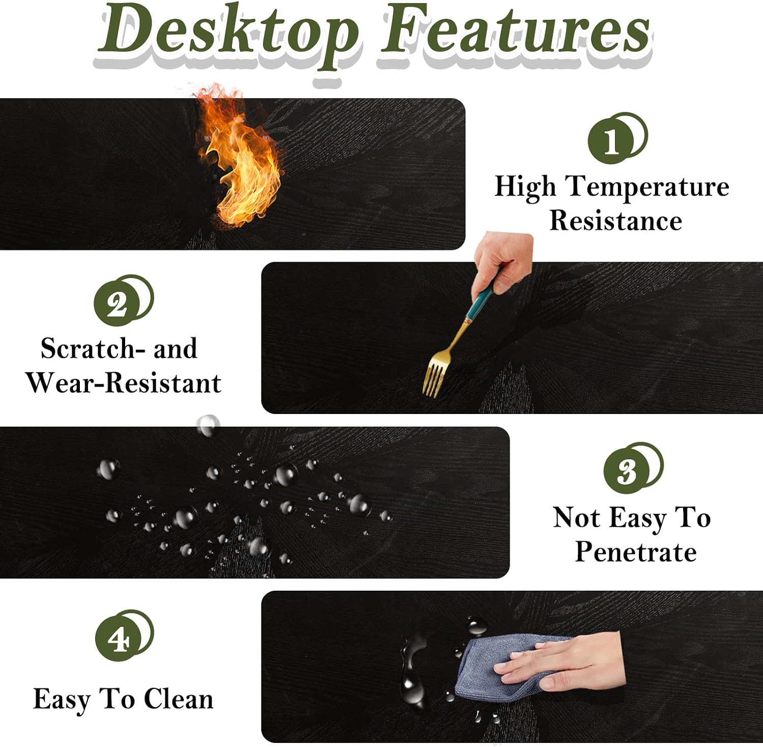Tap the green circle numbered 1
(611, 141)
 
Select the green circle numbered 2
(118, 303)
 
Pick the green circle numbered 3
(628, 471)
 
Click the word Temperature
(648, 187)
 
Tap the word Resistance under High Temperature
(615, 220)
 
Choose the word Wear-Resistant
(124, 383)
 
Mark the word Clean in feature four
(178, 699)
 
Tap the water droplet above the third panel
(208, 425)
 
